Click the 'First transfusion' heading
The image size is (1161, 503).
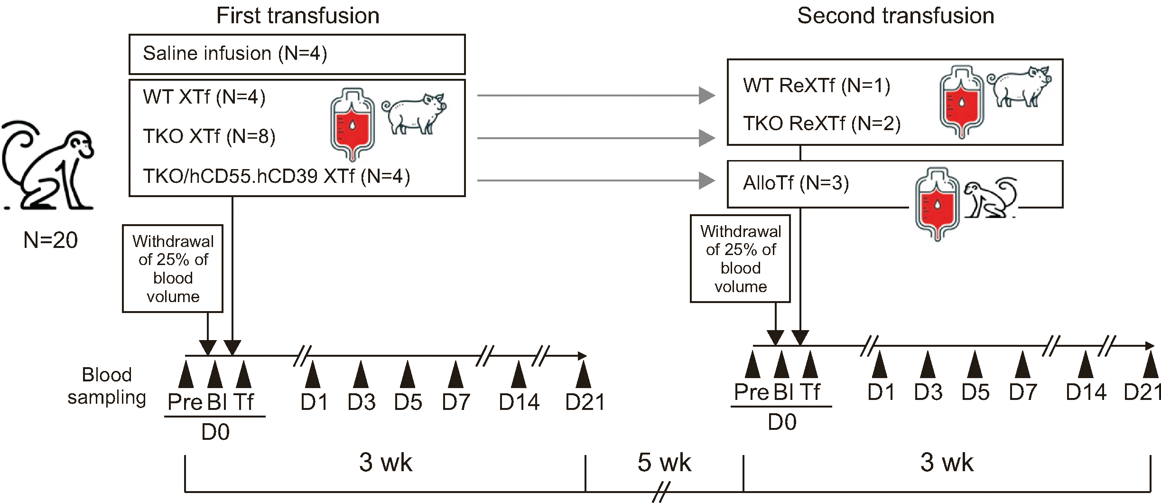297,16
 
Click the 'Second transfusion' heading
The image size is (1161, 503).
895,16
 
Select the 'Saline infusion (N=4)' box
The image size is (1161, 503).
297,54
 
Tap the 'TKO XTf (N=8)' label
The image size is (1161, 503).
209,136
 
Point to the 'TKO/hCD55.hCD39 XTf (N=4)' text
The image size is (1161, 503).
277,176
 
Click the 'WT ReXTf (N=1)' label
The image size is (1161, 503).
817,85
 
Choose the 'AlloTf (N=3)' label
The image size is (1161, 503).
796,183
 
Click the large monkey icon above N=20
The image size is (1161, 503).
47,164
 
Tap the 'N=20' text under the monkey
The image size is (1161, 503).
50,240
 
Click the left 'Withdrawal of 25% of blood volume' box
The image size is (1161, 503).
173,269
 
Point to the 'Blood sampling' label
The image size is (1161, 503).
107,386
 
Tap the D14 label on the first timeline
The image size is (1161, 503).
519,402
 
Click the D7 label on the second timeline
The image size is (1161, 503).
1022,392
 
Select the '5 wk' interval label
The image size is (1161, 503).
664,462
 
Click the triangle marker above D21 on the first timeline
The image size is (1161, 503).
583,375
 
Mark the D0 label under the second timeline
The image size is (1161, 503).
782,422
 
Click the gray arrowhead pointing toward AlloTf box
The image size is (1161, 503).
706,180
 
